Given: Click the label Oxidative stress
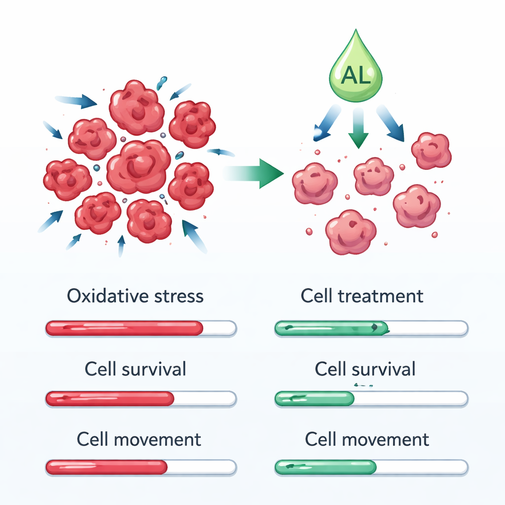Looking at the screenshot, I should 135,296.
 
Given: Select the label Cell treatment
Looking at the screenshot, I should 362,296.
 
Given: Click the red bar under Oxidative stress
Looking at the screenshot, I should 124,328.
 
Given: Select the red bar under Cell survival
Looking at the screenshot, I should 109,398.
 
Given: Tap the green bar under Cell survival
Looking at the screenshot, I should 314,398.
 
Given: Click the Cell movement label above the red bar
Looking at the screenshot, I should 139,439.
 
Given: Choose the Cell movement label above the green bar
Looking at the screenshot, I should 367,439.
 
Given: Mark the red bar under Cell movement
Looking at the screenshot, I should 107,467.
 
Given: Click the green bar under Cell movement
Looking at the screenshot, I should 325,467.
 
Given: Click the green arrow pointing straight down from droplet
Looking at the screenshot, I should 359,129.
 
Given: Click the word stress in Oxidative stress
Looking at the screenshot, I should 178,296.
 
